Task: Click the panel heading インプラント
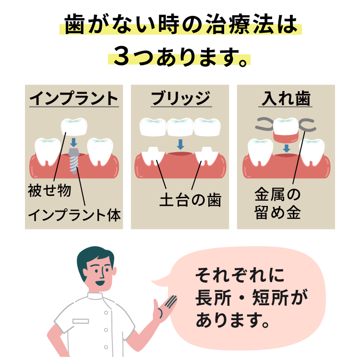click(74, 98)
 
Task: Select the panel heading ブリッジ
click(180, 98)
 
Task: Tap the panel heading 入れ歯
click(286, 98)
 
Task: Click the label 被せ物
click(49, 191)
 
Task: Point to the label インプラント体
click(74, 215)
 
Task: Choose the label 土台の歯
click(191, 200)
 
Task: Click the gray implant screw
click(74, 161)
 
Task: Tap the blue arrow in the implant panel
click(74, 143)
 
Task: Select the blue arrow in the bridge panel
click(180, 144)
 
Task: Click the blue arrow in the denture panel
click(286, 148)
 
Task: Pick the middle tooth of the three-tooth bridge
click(180, 127)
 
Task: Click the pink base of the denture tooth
click(286, 138)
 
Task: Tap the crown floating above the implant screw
click(74, 126)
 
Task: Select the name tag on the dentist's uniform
click(81, 321)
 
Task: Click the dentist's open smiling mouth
click(100, 283)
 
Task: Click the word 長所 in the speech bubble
click(214, 298)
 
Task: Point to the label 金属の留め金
click(277, 203)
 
